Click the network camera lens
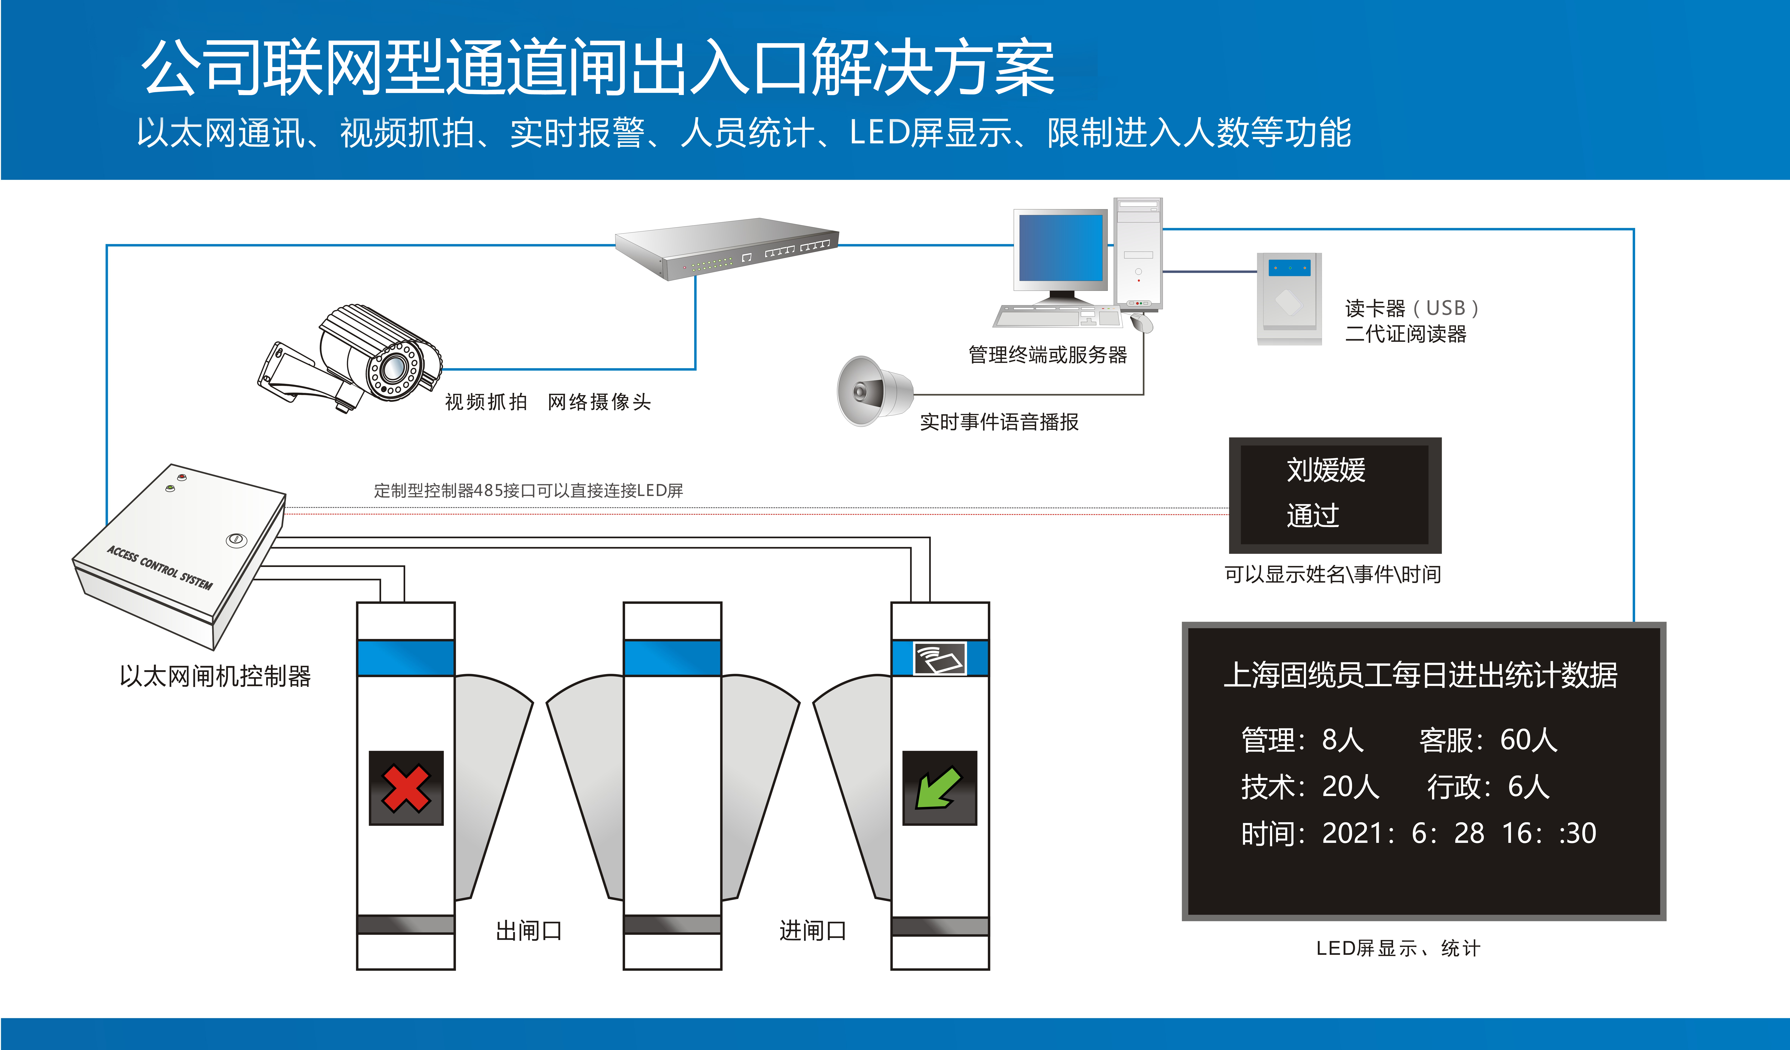[x=392, y=368]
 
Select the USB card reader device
[x=1288, y=298]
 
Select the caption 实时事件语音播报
[x=999, y=422]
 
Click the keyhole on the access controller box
[x=236, y=540]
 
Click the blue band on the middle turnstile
[x=672, y=658]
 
